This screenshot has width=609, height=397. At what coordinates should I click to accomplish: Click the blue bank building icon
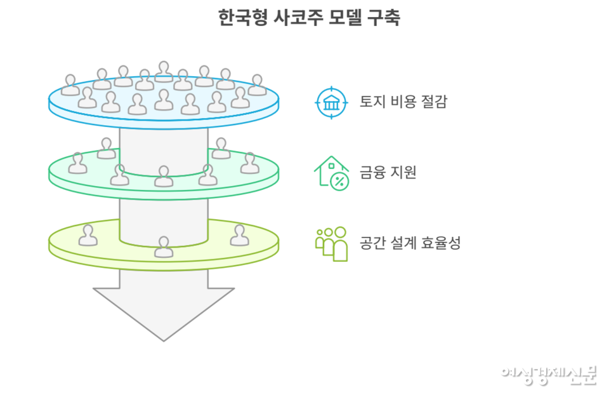[x=332, y=102]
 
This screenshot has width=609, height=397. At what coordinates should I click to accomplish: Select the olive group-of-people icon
[x=332, y=243]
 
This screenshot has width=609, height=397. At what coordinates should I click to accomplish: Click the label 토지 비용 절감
[x=403, y=102]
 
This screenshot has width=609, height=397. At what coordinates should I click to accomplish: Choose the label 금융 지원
[x=388, y=172]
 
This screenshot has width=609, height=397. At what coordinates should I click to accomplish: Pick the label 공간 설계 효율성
[x=410, y=243]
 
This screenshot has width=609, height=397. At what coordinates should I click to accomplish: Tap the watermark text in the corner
[x=548, y=374]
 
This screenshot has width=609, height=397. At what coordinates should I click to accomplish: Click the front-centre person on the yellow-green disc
[x=164, y=246]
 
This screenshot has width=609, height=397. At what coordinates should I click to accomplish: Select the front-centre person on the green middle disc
[x=164, y=176]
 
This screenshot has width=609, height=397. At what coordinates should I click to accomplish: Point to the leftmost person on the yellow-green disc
[x=88, y=235]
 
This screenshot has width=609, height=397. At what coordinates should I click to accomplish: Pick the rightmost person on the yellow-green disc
[x=239, y=235]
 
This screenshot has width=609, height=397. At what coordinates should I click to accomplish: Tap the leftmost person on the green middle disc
[x=77, y=163]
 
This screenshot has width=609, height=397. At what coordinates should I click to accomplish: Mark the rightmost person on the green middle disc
[x=250, y=163]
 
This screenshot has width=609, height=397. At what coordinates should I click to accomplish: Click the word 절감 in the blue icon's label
[x=434, y=102]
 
